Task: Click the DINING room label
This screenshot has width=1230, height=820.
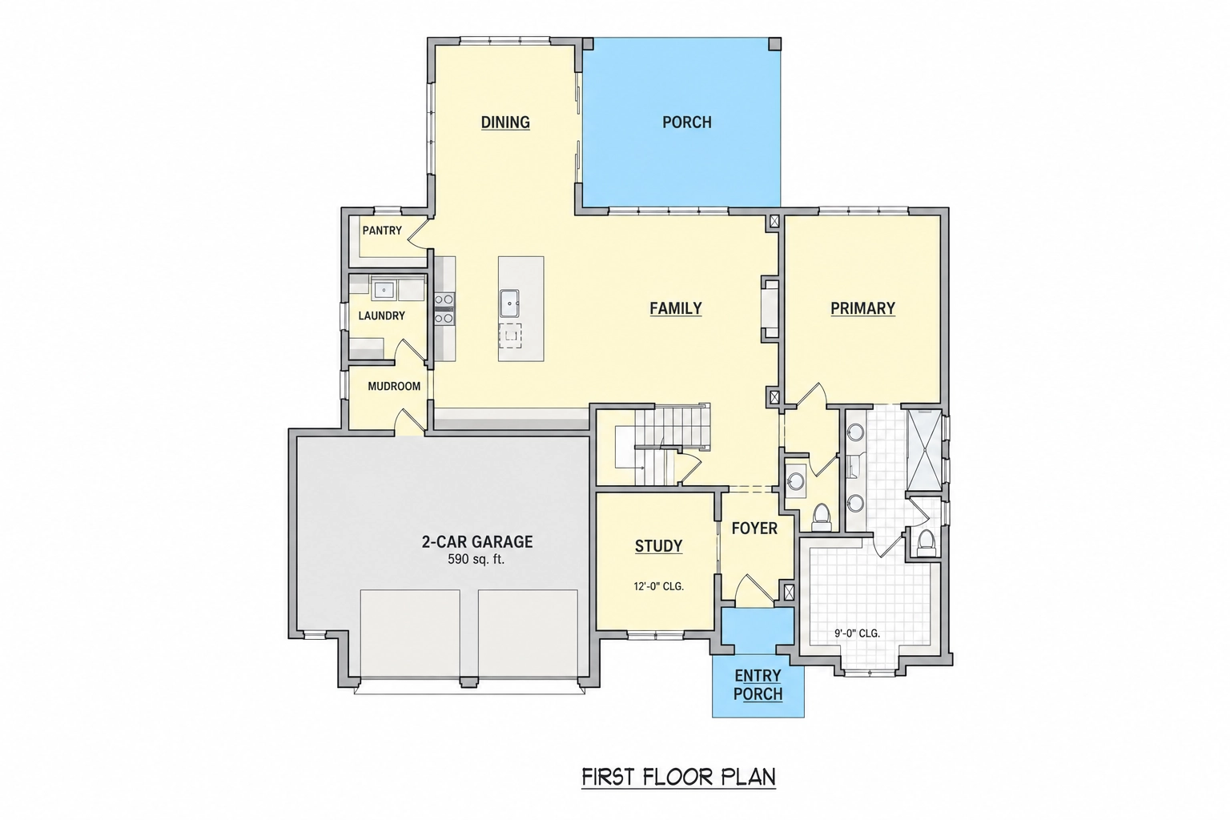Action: click(x=505, y=122)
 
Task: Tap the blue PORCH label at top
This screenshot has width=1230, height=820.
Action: click(x=686, y=122)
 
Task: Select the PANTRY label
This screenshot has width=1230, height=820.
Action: click(x=382, y=231)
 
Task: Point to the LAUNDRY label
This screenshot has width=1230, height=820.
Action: click(x=381, y=316)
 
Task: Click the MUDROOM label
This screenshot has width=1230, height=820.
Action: click(x=394, y=386)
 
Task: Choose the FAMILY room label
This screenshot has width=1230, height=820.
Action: click(x=675, y=308)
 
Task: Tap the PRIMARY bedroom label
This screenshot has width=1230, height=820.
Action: click(x=862, y=308)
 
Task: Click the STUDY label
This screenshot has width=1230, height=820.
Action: click(x=658, y=546)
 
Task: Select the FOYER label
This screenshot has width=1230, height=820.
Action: click(x=754, y=529)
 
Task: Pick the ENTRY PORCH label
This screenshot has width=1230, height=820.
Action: click(x=758, y=685)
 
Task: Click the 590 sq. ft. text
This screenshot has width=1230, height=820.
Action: click(x=476, y=560)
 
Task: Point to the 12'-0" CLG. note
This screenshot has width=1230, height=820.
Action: click(x=658, y=587)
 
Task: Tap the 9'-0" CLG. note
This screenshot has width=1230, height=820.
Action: click(x=857, y=633)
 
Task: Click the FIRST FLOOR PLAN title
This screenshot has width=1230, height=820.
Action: click(x=679, y=778)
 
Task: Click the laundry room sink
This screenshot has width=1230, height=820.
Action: click(x=384, y=289)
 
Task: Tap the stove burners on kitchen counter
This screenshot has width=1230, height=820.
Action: click(x=444, y=308)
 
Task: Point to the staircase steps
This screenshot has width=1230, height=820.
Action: click(x=671, y=444)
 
